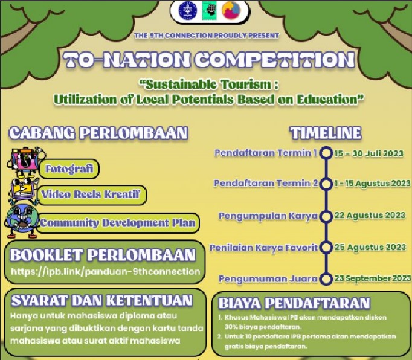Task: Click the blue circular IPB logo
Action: tap(188, 10)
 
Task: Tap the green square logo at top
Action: tap(210, 10)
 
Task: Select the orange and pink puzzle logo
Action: tap(231, 10)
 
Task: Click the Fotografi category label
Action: tap(69, 169)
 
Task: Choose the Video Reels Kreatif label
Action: tap(91, 194)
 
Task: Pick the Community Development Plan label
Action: tap(117, 223)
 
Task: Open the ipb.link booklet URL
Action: tap(106, 271)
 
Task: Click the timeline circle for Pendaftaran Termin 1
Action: tap(326, 153)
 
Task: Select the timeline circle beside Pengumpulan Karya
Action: tap(326, 216)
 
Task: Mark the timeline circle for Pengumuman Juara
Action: tap(326, 279)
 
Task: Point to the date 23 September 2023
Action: tap(373, 278)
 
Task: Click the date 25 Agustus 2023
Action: tap(370, 247)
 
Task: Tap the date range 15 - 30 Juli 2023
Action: tap(369, 153)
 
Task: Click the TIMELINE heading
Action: tap(326, 133)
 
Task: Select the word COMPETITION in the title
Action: tap(275, 59)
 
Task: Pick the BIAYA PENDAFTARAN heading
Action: tap(294, 303)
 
